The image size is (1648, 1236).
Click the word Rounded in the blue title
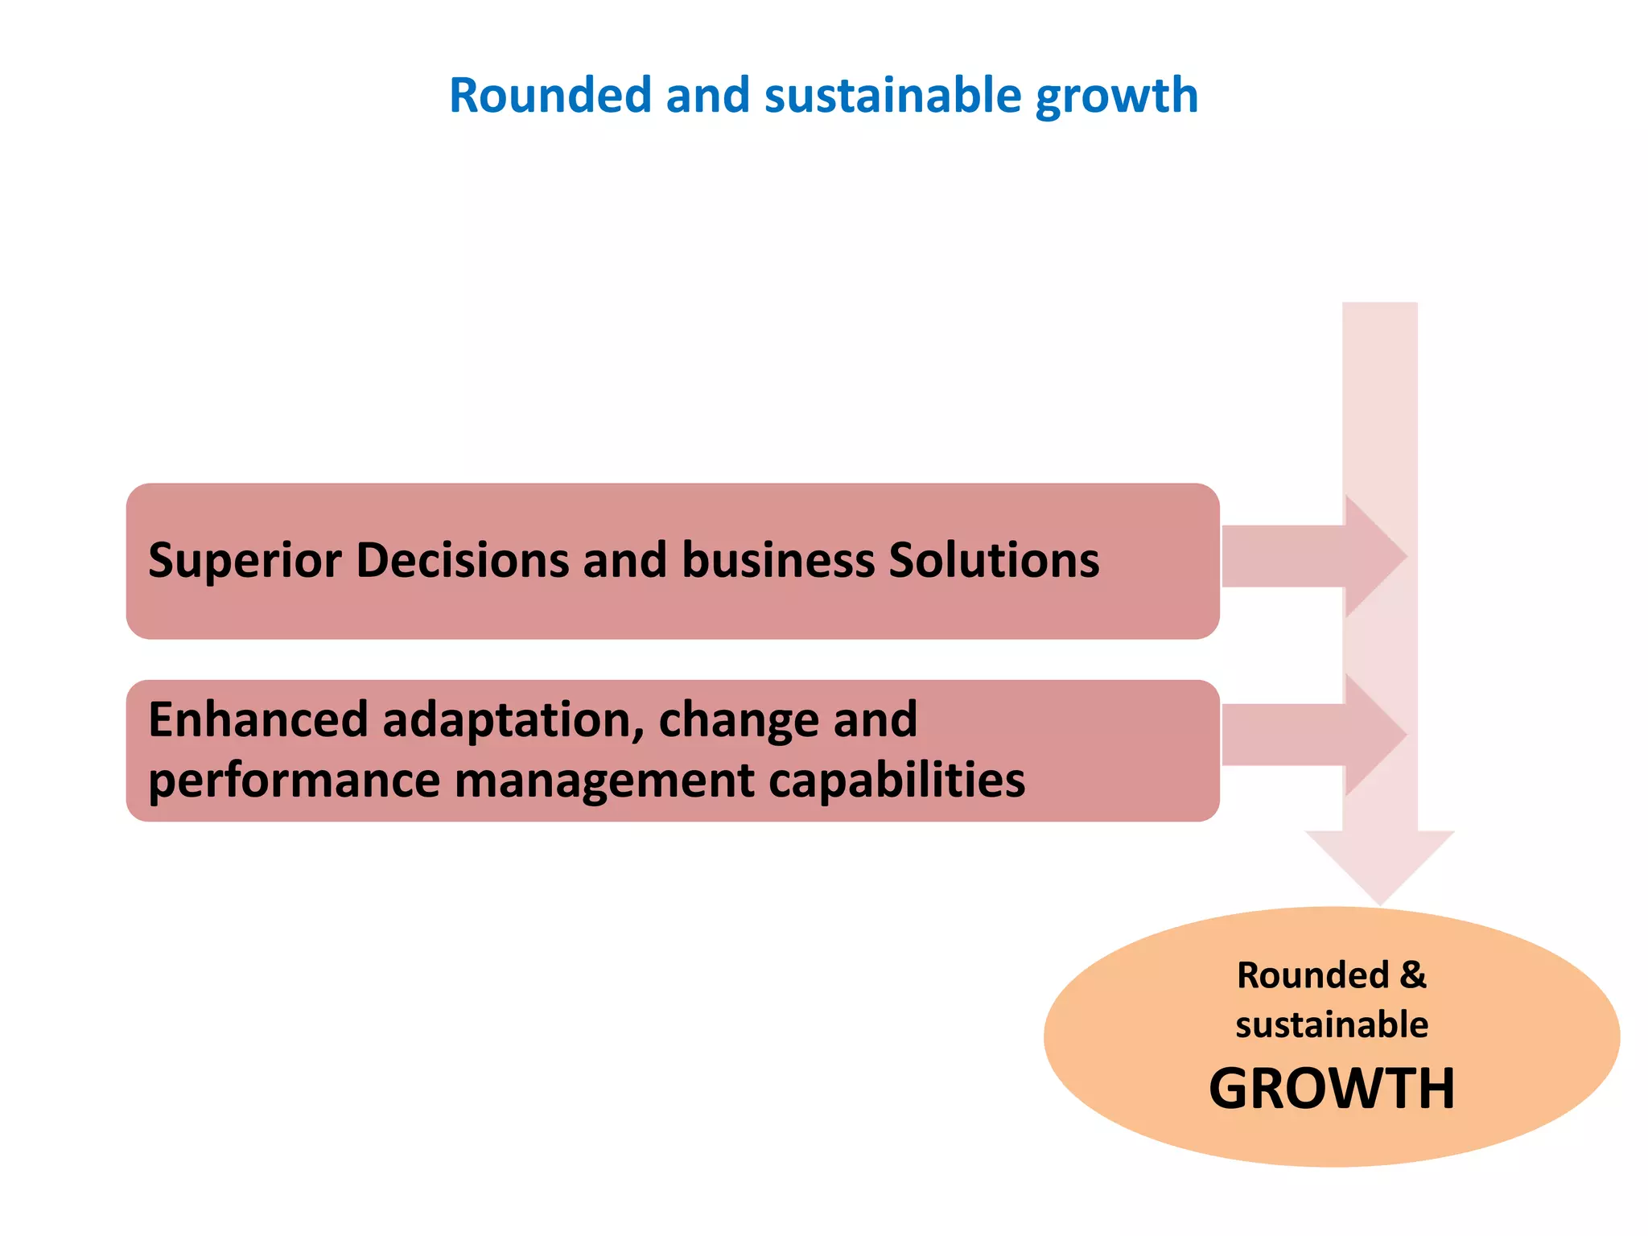550,95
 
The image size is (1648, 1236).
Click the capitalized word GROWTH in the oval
1332,1089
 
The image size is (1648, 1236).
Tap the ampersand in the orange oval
1412,975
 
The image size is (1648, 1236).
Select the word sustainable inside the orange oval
1332,1025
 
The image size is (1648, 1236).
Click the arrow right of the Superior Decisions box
1312,556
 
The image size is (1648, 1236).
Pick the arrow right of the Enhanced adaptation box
1312,735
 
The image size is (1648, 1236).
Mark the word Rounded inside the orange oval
1312,975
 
